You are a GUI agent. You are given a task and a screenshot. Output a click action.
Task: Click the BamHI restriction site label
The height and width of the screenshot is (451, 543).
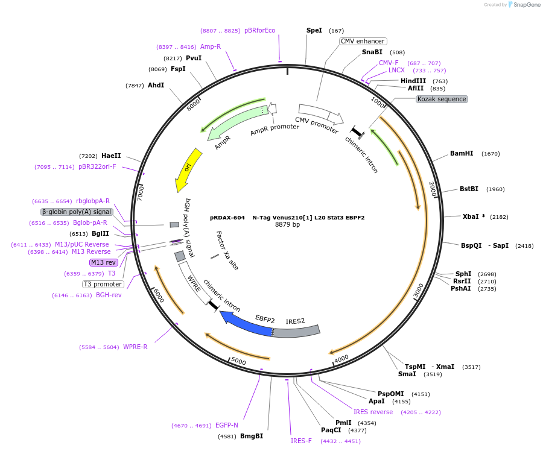coord(462,153)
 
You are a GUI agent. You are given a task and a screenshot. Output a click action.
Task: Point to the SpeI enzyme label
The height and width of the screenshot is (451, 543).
coord(314,30)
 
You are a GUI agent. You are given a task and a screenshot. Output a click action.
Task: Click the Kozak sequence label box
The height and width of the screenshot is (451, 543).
coord(442,99)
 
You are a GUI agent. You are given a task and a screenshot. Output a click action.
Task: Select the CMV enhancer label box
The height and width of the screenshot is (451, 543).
coord(362,41)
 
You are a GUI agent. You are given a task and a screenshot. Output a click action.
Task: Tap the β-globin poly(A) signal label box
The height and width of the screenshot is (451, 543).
coord(77,212)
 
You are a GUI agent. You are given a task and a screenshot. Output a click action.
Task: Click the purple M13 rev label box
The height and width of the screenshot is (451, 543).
coord(103,262)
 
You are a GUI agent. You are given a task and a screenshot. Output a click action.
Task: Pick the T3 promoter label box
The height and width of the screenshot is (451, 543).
coord(103,284)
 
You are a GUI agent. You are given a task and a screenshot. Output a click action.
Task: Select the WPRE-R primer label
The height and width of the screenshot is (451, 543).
coord(135,347)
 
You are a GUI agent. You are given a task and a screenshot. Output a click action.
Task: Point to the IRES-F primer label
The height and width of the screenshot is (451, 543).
coord(301,441)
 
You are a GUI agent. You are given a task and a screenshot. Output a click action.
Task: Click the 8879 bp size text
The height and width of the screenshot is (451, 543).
coord(287,225)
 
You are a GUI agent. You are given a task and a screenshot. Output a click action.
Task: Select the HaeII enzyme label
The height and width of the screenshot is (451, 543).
coord(111,156)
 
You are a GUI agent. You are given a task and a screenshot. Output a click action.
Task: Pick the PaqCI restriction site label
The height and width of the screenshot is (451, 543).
coord(331,430)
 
